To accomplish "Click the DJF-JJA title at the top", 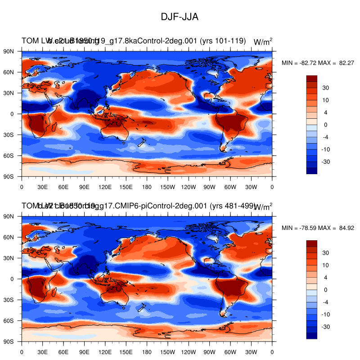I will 180,17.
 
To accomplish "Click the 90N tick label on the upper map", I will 9,51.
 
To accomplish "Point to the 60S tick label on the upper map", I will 9,156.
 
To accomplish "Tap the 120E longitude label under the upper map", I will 105,186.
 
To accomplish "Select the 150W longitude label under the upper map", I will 167,186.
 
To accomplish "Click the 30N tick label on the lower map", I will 9,258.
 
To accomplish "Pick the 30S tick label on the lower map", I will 9,300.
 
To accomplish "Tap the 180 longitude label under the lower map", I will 147,351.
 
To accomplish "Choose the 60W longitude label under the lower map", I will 230,351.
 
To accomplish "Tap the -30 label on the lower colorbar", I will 325,326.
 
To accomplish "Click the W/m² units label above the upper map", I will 263,42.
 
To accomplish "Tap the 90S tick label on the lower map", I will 9,342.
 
